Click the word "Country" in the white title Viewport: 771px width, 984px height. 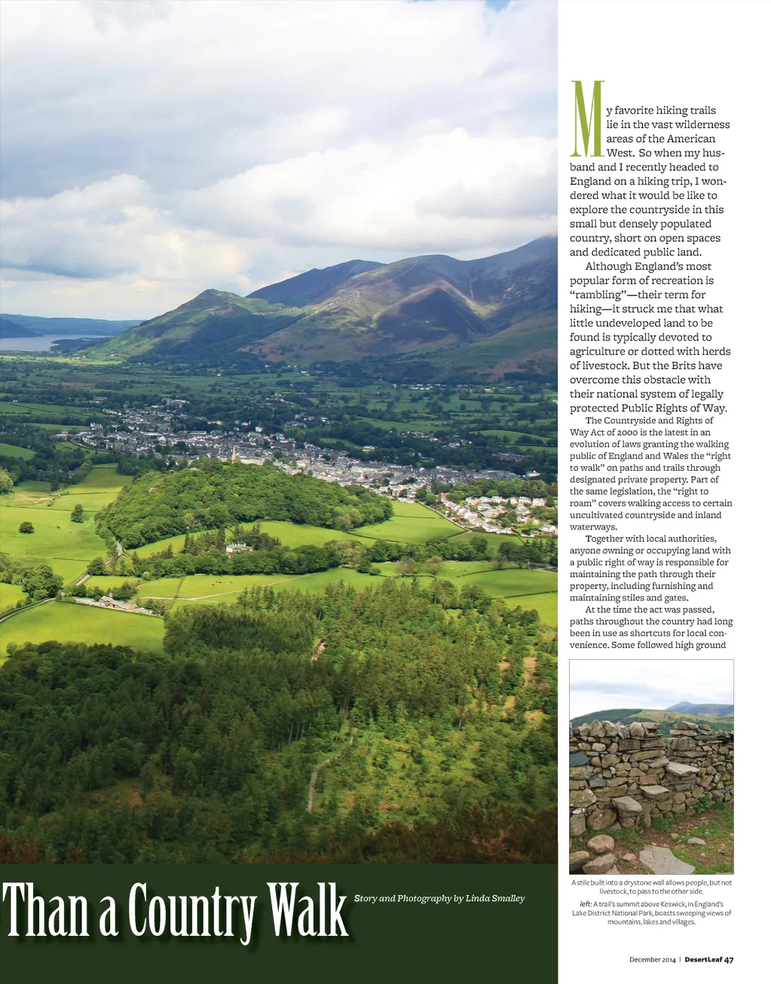pos(192,911)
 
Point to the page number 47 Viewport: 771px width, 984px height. pos(729,960)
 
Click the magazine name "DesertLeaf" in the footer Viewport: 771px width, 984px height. pos(703,960)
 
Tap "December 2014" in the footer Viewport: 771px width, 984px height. pos(653,960)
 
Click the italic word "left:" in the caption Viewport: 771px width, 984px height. pos(585,904)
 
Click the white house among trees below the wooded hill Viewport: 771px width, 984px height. pos(238,548)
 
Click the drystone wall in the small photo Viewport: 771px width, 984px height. pos(650,769)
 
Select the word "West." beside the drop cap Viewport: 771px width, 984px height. pos(620,153)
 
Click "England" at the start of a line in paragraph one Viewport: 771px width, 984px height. pos(591,182)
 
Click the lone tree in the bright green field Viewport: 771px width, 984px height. pos(77,513)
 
